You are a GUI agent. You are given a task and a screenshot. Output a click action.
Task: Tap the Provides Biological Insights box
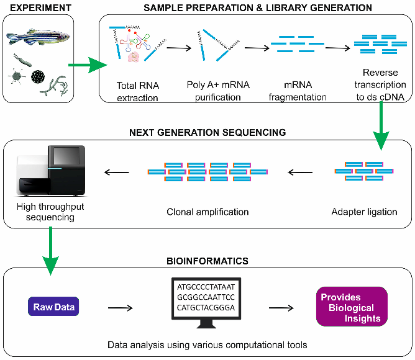(x=351, y=307)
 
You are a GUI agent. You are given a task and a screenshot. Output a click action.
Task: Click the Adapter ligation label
(x=365, y=212)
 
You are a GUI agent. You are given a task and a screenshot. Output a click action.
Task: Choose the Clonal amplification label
(x=207, y=212)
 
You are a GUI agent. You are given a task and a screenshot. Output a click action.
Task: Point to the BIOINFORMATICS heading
(x=207, y=261)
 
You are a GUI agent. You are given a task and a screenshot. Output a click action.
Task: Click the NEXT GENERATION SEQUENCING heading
(x=207, y=132)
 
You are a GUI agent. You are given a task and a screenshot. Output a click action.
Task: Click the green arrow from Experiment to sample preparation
(x=86, y=64)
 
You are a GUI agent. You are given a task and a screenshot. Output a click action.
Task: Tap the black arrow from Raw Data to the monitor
(x=122, y=306)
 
